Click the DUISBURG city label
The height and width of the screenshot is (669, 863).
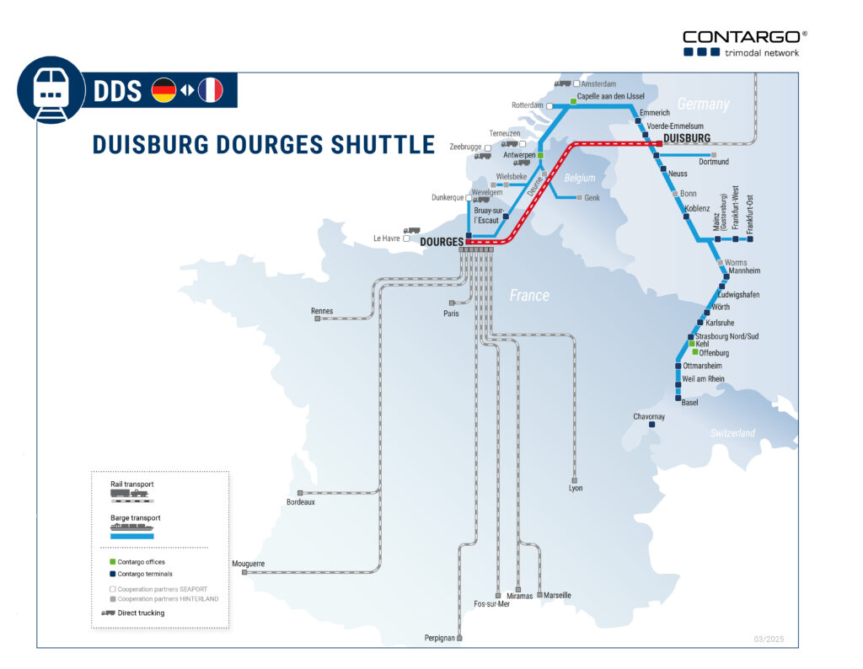click(687, 137)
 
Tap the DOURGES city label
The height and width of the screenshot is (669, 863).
click(441, 242)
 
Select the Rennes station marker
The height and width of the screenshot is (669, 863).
click(317, 319)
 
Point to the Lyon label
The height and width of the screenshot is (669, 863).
click(576, 488)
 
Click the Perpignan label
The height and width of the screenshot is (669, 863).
click(440, 639)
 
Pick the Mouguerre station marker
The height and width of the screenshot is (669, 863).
click(244, 572)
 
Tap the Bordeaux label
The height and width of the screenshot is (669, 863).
click(300, 502)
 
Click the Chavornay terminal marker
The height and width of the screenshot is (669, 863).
click(652, 425)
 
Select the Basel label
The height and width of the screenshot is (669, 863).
click(689, 403)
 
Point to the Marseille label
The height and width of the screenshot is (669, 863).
click(557, 595)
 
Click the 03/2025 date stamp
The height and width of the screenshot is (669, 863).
click(769, 640)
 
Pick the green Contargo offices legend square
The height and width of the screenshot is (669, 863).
click(112, 561)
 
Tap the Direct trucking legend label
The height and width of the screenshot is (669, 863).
click(141, 613)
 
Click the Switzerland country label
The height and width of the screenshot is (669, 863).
click(732, 433)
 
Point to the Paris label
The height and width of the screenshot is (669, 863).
click(451, 313)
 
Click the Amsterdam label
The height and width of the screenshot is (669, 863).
click(598, 84)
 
